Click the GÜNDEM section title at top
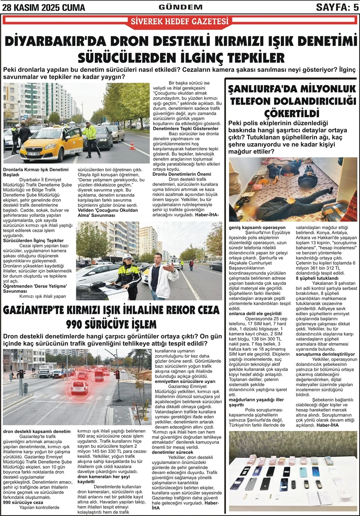(x=180, y=7)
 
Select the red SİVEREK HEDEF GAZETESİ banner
(x=180, y=22)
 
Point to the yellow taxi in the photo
(x=51, y=143)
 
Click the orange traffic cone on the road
(x=132, y=145)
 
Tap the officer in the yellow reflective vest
(x=89, y=138)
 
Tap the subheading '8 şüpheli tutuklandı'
(x=317, y=289)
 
